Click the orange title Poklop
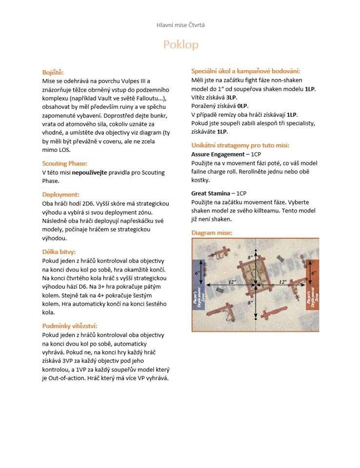[180, 45]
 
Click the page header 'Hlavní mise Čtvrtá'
[180, 25]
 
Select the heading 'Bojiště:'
[53, 72]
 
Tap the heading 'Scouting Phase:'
[65, 163]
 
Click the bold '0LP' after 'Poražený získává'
[242, 106]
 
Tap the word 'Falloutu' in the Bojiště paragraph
[136, 98]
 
